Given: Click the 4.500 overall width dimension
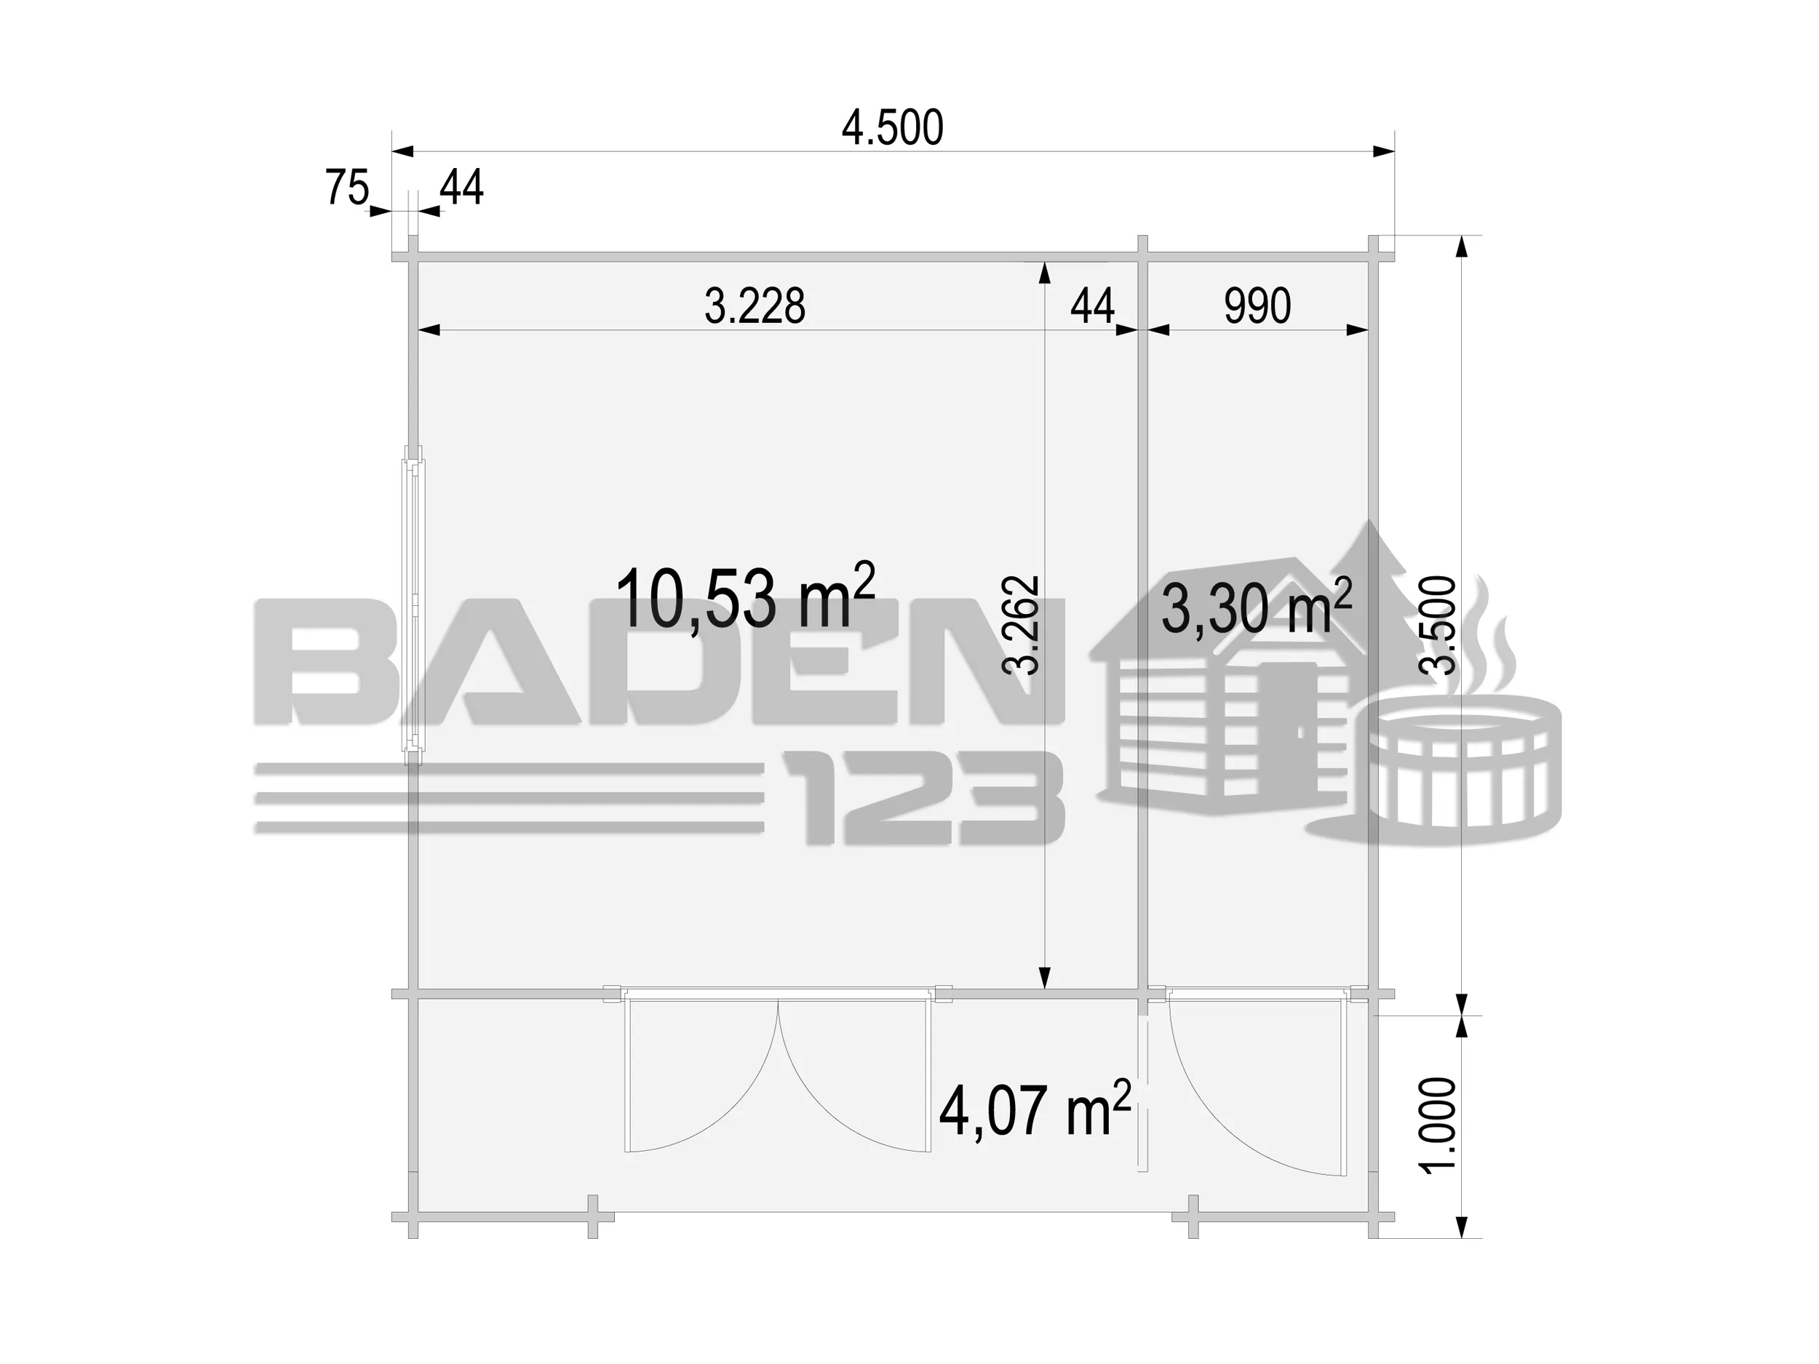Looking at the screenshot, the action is click(x=892, y=128).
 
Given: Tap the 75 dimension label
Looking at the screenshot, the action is click(x=347, y=188).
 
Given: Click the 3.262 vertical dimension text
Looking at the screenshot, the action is click(x=1022, y=625).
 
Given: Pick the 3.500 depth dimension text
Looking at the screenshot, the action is click(x=1438, y=625).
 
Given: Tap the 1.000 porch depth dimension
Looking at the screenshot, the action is click(x=1438, y=1125).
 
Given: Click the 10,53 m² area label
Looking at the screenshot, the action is click(x=745, y=597).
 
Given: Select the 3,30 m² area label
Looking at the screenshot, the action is click(x=1257, y=607).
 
